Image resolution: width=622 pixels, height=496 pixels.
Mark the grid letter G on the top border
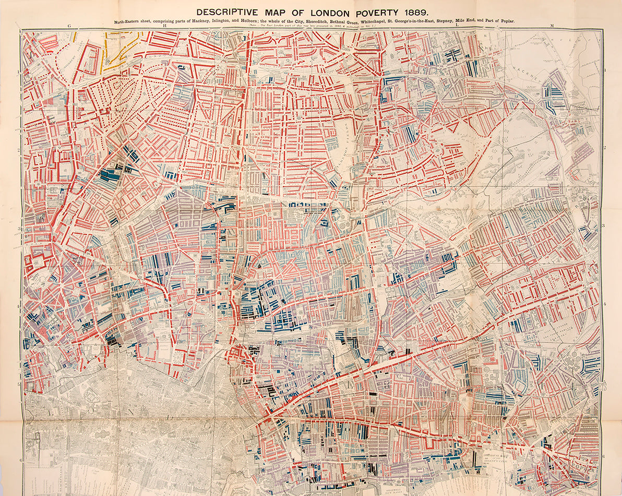click(69, 25)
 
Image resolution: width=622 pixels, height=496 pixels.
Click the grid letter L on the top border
click(457, 25)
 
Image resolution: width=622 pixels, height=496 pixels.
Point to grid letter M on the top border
click(552, 25)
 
